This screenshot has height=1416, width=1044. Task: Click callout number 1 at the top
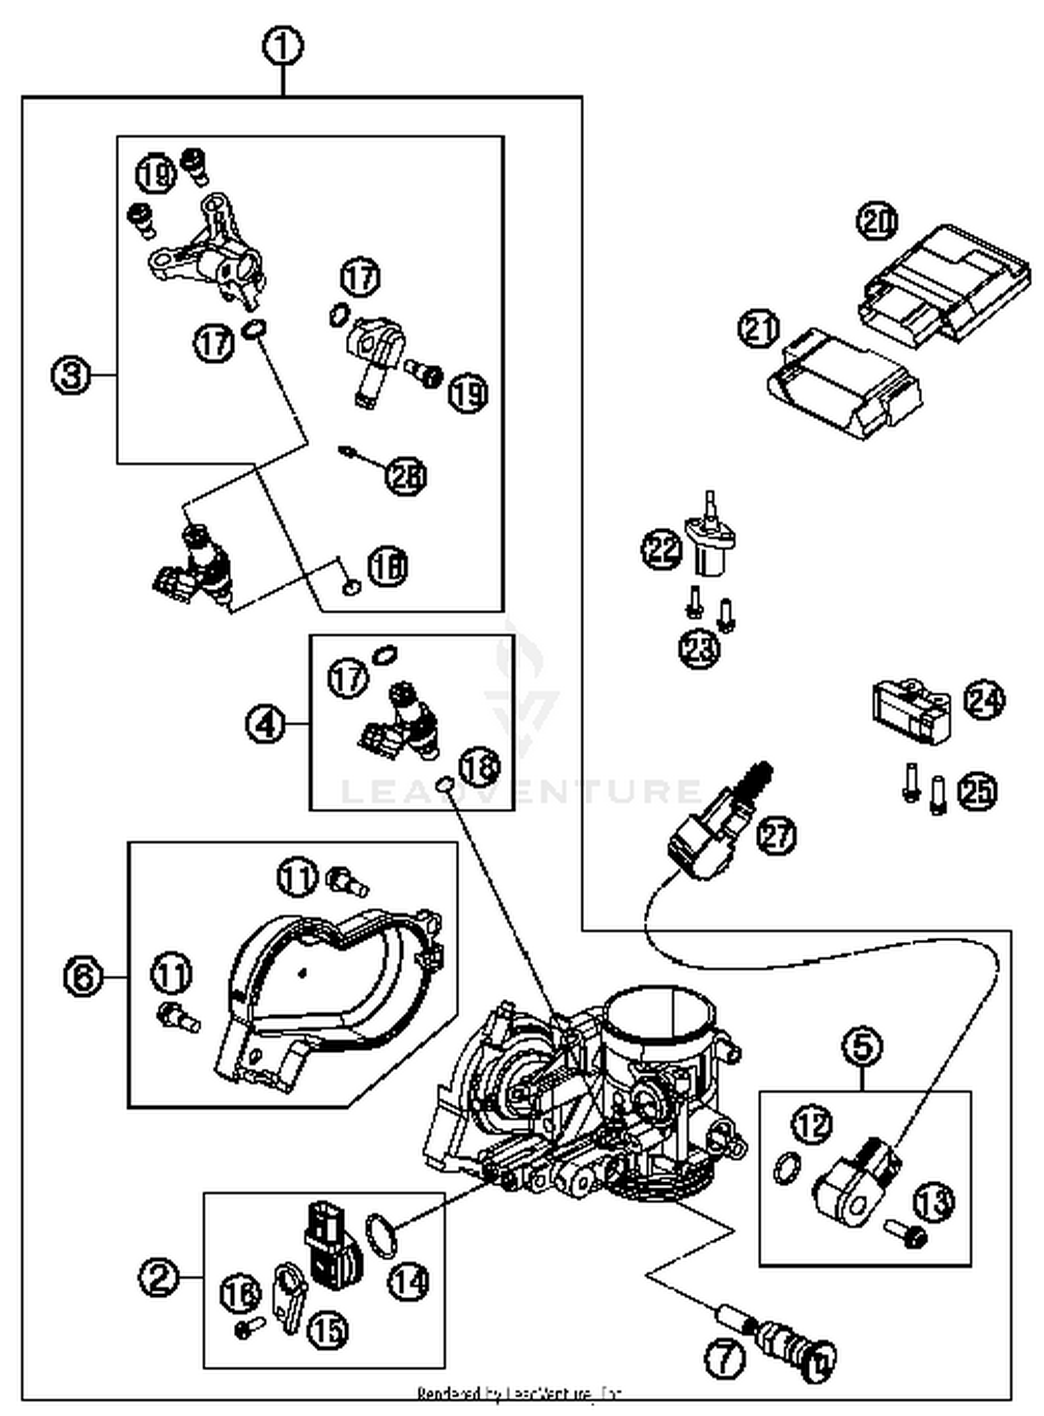pyautogui.click(x=283, y=47)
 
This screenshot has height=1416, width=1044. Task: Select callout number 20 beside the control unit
pyautogui.click(x=877, y=221)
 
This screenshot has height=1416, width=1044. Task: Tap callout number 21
pyautogui.click(x=759, y=328)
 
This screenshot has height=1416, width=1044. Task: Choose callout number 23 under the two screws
pyautogui.click(x=699, y=650)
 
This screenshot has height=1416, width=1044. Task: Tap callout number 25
pyautogui.click(x=977, y=792)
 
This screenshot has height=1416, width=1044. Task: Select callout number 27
pyautogui.click(x=777, y=835)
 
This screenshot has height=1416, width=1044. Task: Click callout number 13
pyautogui.click(x=933, y=1202)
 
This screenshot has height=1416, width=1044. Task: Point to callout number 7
pyautogui.click(x=725, y=1358)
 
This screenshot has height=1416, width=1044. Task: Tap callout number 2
pyautogui.click(x=159, y=1277)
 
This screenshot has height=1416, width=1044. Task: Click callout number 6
pyautogui.click(x=83, y=977)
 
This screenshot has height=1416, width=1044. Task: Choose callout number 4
pyautogui.click(x=265, y=724)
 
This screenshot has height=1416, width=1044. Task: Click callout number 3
pyautogui.click(x=72, y=376)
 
